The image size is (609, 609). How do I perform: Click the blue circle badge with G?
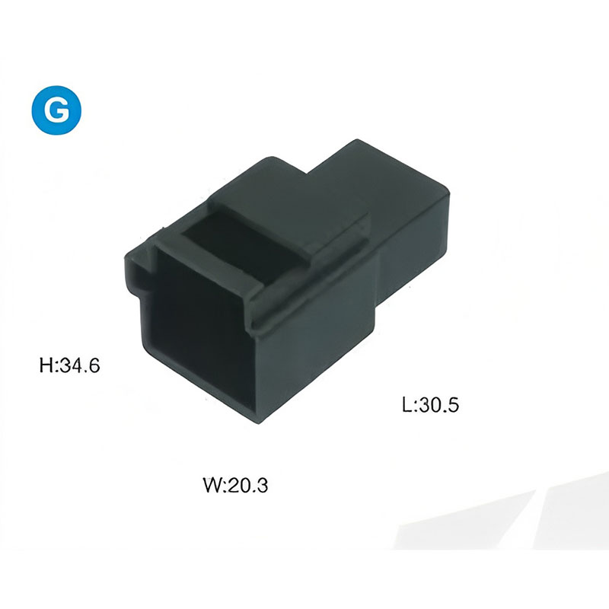click(56, 110)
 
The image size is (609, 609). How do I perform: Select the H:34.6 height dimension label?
click(70, 365)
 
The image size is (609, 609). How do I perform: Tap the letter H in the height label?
click(46, 365)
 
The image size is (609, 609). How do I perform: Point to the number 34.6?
click(80, 365)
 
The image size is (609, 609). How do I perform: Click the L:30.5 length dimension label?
click(430, 405)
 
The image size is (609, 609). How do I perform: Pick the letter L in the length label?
click(407, 405)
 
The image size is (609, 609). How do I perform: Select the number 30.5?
click(439, 405)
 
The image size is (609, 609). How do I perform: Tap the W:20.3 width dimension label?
click(236, 485)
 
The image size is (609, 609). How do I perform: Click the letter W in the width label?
click(212, 485)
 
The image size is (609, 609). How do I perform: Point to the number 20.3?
click(247, 485)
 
